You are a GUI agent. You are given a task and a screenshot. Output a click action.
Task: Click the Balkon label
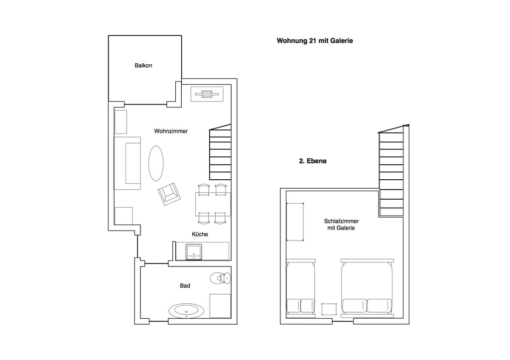pos(143,65)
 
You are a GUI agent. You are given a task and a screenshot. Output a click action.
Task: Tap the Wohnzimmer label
pos(171,131)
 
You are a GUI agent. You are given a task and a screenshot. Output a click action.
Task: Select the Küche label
pos(200,234)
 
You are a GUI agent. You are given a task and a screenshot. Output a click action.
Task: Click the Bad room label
pos(185,285)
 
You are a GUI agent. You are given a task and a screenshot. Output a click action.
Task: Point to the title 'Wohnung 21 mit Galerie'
pos(315,41)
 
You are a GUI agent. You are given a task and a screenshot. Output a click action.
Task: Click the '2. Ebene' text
pos(313,161)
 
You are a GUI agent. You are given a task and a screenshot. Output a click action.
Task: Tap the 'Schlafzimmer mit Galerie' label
pos(341,225)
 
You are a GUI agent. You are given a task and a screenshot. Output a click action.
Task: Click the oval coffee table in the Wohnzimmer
pos(156,163)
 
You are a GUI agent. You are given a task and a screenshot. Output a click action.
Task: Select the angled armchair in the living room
pos(169,194)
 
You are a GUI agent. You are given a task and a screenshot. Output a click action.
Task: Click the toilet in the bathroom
pos(221,278)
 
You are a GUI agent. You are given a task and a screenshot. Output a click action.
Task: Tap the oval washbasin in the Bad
pos(187,311)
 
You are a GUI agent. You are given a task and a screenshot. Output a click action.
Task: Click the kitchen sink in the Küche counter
pos(194,252)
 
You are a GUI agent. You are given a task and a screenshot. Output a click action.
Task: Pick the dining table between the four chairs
pos(213,204)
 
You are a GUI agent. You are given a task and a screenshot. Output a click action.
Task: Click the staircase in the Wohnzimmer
pos(220,152)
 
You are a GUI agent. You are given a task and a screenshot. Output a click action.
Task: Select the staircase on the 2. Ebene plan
pos(391,171)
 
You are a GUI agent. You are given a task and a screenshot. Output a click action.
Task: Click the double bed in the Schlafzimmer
pos(367,288)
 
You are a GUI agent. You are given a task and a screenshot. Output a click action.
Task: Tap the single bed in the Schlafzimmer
pos(301,288)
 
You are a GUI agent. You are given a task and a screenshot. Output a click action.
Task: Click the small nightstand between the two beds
pos(329,309)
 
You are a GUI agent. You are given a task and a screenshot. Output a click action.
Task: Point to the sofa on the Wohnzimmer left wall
pos(127,163)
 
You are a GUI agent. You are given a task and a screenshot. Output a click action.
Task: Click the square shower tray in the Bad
pos(220,306)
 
